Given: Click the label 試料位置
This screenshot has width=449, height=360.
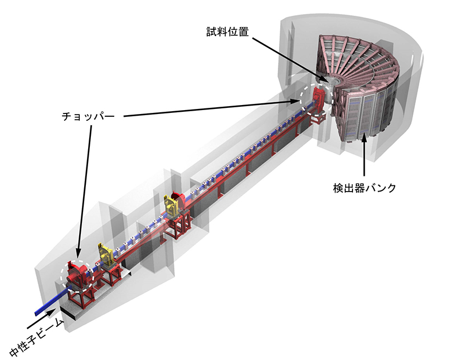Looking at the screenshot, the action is pyautogui.click(x=228, y=32).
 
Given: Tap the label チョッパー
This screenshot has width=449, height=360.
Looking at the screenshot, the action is pyautogui.click(x=88, y=116).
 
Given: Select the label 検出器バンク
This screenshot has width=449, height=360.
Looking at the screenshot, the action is pyautogui.click(x=364, y=188).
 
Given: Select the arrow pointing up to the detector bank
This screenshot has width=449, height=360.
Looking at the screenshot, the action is pyautogui.click(x=364, y=155).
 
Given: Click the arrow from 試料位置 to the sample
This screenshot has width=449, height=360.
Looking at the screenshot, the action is pyautogui.click(x=289, y=60).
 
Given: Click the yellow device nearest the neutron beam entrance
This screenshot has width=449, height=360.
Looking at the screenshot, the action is pyautogui.click(x=106, y=254).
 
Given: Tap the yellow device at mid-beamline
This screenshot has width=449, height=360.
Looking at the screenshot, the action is pyautogui.click(x=171, y=205).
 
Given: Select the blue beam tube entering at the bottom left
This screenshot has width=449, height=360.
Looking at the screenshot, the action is pyautogui.click(x=53, y=301).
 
